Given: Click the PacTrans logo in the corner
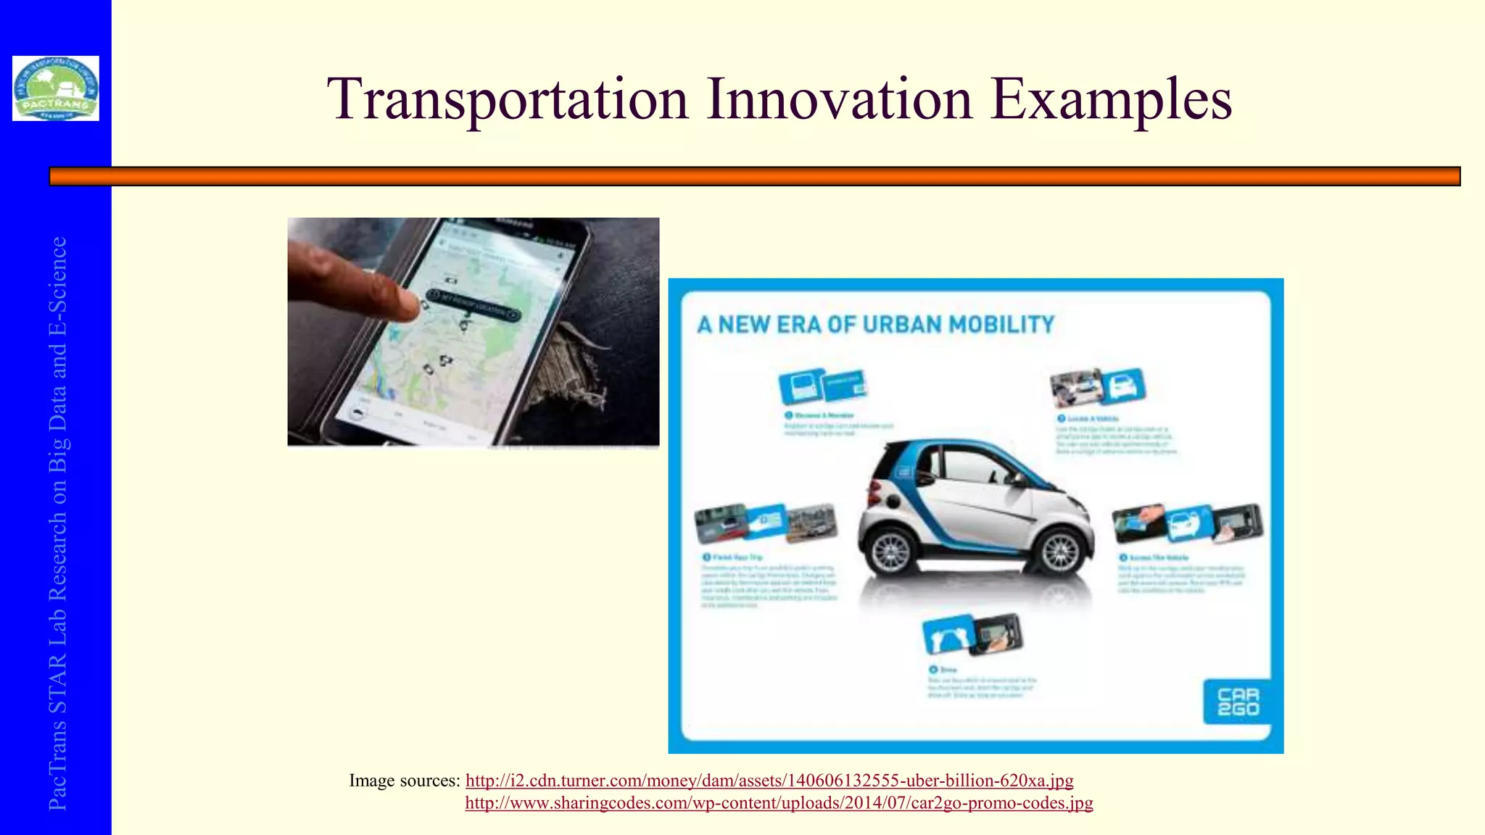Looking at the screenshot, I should (x=56, y=88).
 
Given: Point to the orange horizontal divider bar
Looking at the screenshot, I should (x=754, y=176).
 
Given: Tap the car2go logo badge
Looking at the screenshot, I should (x=1237, y=701).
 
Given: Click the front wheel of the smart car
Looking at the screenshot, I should (x=890, y=552).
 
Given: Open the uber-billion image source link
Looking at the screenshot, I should (x=769, y=781).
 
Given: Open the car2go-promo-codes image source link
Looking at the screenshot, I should (x=779, y=802).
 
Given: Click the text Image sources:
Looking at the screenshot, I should (x=405, y=781).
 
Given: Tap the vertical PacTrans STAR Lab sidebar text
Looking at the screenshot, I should (x=57, y=522).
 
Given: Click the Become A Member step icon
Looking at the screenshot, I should (x=822, y=386).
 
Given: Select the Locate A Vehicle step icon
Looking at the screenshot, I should (x=1098, y=387).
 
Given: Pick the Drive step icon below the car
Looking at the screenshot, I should (x=972, y=633).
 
